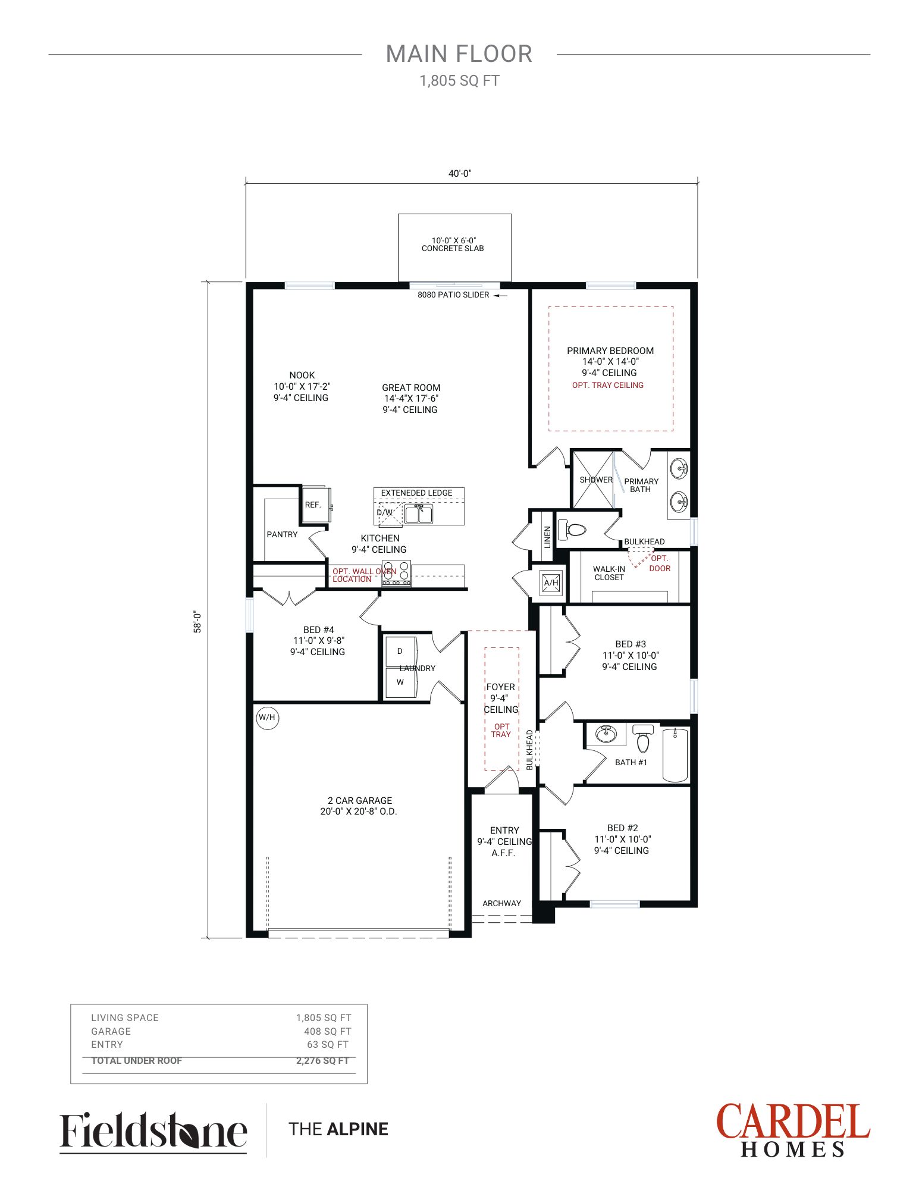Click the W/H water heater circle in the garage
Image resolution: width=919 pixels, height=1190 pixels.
point(267,718)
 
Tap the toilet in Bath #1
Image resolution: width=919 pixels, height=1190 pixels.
point(642,738)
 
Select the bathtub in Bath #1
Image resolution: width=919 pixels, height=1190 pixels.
point(675,755)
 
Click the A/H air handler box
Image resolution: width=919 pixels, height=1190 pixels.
point(551,583)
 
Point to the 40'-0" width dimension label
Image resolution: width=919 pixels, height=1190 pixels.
point(460,174)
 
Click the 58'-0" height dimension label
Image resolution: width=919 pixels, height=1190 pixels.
point(197,622)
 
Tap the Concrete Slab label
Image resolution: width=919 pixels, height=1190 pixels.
point(453,249)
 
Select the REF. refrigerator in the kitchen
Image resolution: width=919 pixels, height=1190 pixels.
point(315,505)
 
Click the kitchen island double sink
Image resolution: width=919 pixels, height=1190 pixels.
point(419,513)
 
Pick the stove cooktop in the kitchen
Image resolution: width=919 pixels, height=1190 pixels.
point(396,574)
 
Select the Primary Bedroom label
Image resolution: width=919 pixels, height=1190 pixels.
point(610,351)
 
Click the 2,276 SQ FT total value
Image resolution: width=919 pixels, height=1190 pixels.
point(322,1061)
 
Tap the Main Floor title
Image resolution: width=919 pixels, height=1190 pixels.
point(459,54)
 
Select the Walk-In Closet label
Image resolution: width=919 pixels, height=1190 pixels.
point(609,573)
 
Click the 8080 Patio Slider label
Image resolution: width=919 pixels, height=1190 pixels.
point(453,295)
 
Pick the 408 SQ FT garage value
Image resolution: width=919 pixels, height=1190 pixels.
point(328,1032)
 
